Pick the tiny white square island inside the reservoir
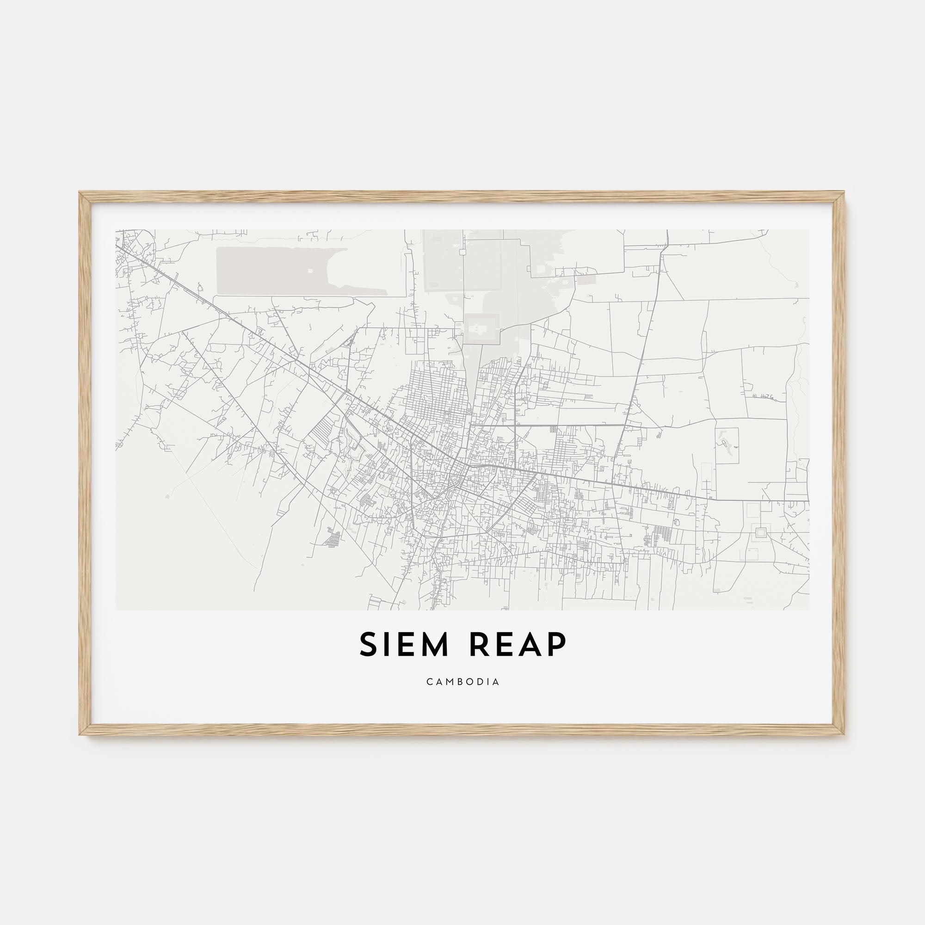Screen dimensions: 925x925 click(310, 271)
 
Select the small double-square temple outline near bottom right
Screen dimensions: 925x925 click(759, 531)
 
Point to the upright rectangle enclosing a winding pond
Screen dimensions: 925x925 click(727, 445)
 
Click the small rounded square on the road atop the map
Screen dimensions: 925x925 click(462, 252)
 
